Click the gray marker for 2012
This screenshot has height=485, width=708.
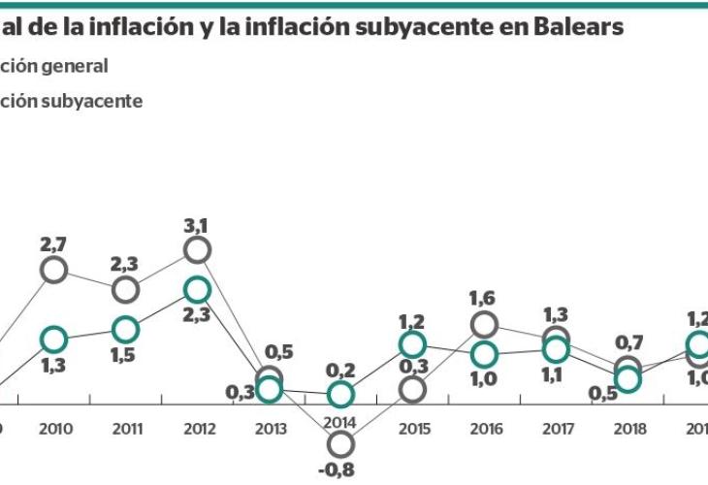[x=197, y=250]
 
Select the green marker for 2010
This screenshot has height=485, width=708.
[x=54, y=339]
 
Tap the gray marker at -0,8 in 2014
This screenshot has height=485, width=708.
[x=340, y=444]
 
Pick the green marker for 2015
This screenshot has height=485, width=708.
[x=412, y=345]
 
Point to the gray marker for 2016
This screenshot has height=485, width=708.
[x=485, y=325]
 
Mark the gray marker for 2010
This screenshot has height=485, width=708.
[x=54, y=271]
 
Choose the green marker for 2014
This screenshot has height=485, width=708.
[x=340, y=395]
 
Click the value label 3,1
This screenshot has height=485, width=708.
[x=197, y=226]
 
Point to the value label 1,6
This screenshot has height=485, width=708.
[x=484, y=299]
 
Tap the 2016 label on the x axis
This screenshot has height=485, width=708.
[x=484, y=428]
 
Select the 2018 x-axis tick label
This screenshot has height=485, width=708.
[x=628, y=428]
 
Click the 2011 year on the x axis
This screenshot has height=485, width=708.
[x=126, y=428]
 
